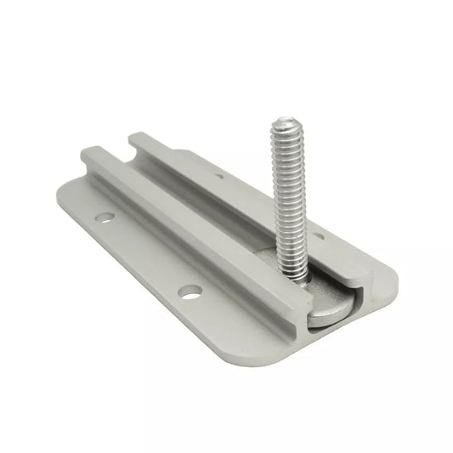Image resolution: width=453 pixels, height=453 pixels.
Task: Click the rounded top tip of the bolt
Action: click(284, 125)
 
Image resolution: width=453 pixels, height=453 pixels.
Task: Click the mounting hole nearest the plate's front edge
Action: click(190, 292)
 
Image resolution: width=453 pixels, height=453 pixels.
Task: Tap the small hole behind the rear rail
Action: click(219, 176)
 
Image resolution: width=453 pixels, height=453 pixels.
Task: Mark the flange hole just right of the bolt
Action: click(316, 236)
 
